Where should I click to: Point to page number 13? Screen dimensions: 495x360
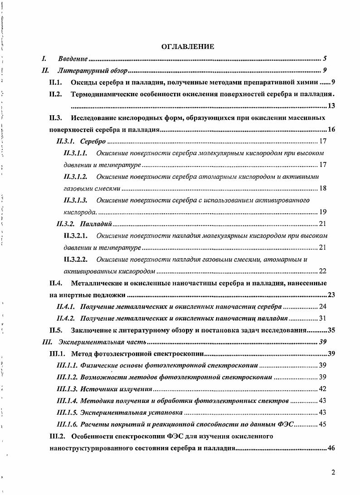pos(331,106)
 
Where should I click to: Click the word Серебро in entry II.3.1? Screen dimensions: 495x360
pos(92,141)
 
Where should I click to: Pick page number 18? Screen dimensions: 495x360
pos(323,188)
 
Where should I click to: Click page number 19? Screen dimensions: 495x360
pos(323,212)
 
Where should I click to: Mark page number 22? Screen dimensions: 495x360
pos(323,271)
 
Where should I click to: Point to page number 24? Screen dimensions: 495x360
pos(323,307)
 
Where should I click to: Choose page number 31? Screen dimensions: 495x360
pos(323,319)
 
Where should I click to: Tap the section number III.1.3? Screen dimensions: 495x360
pos(67,389)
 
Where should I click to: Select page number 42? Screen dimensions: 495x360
pos(323,389)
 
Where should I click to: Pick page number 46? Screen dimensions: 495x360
pos(331,448)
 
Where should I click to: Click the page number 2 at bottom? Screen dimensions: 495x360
pos(333,472)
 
